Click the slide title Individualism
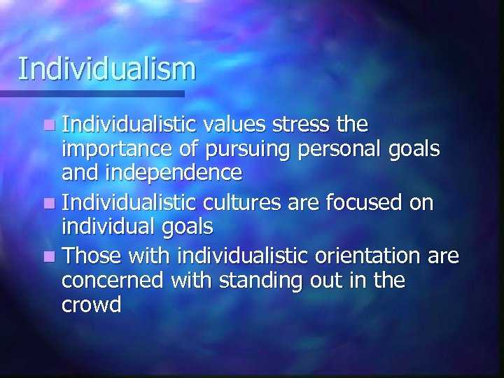pos(106,69)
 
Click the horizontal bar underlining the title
pos(92,93)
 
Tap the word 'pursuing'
pos(248,150)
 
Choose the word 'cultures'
pos(235,203)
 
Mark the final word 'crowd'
pos(92,304)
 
